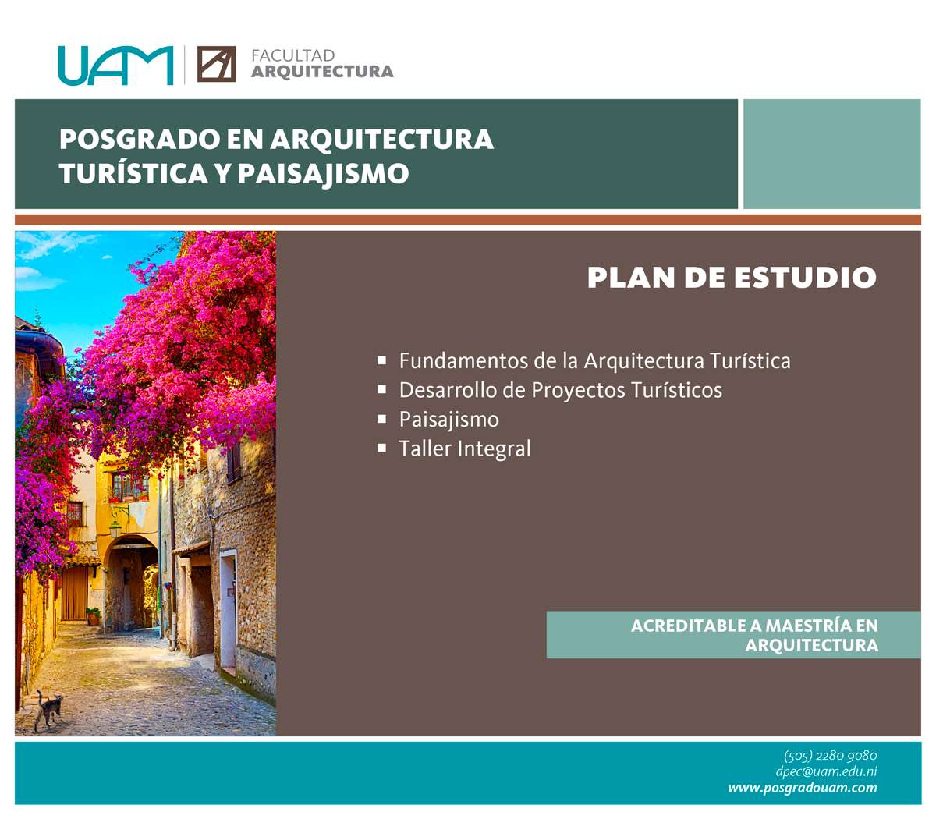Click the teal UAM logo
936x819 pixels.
115,66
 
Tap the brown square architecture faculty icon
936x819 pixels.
216,64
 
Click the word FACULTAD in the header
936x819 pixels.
292,56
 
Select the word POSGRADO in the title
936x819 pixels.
140,139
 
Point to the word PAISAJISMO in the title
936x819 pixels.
323,174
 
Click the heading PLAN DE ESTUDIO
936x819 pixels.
732,277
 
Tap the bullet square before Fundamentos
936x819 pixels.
381,360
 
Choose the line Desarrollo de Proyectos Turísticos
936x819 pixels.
560,391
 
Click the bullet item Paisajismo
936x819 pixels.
448,420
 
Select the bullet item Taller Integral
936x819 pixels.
465,448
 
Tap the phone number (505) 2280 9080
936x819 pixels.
831,755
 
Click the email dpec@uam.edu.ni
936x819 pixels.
826,771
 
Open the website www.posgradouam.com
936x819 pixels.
803,788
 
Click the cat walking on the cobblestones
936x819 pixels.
48,711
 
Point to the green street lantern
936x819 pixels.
115,529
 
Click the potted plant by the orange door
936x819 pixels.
94,616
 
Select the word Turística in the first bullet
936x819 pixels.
750,361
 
